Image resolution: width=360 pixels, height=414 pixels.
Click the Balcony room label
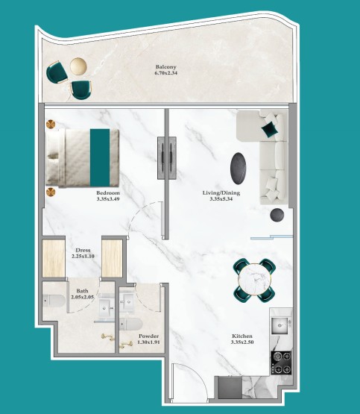[165, 67]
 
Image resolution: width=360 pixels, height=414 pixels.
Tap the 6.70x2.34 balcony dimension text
[166, 72]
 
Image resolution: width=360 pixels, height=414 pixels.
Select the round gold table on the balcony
[78, 66]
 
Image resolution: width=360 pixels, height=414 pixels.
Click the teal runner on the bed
[100, 157]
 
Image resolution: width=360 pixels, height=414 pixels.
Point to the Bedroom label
[108, 193]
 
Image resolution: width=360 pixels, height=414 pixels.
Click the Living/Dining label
[221, 193]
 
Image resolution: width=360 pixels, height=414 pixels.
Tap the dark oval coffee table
[239, 169]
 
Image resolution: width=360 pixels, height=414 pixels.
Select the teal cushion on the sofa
[269, 129]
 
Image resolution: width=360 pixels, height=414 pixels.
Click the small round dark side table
[277, 215]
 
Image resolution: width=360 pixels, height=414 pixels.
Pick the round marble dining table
[254, 279]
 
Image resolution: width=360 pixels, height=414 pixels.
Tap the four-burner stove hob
[281, 363]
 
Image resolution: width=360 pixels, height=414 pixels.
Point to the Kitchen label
[242, 336]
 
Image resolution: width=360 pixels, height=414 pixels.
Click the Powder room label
[149, 336]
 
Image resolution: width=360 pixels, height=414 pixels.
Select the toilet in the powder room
[131, 324]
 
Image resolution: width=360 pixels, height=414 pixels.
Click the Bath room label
[82, 291]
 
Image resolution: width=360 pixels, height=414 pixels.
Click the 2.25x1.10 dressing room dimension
[83, 256]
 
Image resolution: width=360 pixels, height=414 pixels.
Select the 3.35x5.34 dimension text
[221, 199]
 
